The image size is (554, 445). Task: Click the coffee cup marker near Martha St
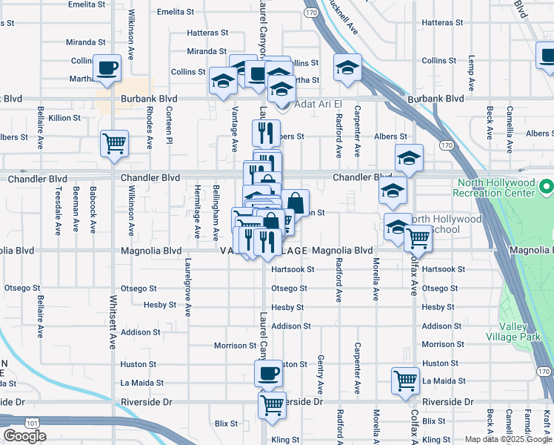click(x=108, y=68)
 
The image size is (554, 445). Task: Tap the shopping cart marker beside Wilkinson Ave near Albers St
click(x=114, y=143)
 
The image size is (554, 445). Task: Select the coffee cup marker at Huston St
click(x=268, y=373)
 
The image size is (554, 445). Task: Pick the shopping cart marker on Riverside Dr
click(x=273, y=405)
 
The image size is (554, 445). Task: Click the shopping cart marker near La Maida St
click(x=406, y=381)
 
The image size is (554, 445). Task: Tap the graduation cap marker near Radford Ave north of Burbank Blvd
click(x=347, y=68)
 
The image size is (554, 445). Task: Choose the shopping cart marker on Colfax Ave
click(x=418, y=239)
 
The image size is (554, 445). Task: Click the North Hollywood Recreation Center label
click(x=495, y=188)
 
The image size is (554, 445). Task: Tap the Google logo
click(x=24, y=436)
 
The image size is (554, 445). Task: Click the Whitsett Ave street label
click(x=113, y=323)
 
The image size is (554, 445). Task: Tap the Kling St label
click(x=284, y=440)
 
